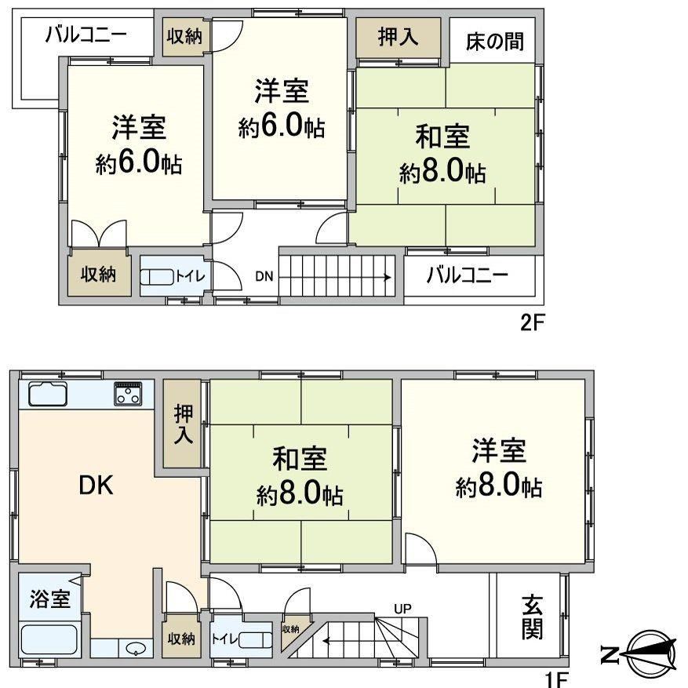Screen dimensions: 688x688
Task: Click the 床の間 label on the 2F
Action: (494, 42)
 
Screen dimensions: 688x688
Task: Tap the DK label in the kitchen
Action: (96, 486)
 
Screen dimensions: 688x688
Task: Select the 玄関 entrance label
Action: (532, 617)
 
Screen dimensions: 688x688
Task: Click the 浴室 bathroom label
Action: (50, 599)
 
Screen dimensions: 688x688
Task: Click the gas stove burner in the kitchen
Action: (128, 394)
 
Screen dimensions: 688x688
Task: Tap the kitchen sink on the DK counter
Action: (48, 394)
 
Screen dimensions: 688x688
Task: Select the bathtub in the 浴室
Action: (49, 639)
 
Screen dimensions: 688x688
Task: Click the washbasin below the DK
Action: (135, 649)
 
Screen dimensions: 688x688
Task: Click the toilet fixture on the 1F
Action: (256, 639)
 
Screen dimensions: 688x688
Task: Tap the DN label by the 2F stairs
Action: (264, 276)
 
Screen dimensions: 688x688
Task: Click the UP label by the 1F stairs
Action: (402, 609)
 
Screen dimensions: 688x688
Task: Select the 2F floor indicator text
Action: (532, 323)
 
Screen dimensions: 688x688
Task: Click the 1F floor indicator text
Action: (557, 679)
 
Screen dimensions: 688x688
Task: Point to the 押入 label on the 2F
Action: (398, 37)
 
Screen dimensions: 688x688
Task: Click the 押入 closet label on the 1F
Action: (183, 424)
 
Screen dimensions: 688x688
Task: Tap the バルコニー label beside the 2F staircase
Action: (468, 275)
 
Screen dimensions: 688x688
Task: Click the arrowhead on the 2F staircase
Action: (388, 277)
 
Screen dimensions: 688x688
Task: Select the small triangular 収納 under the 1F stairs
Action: (293, 635)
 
